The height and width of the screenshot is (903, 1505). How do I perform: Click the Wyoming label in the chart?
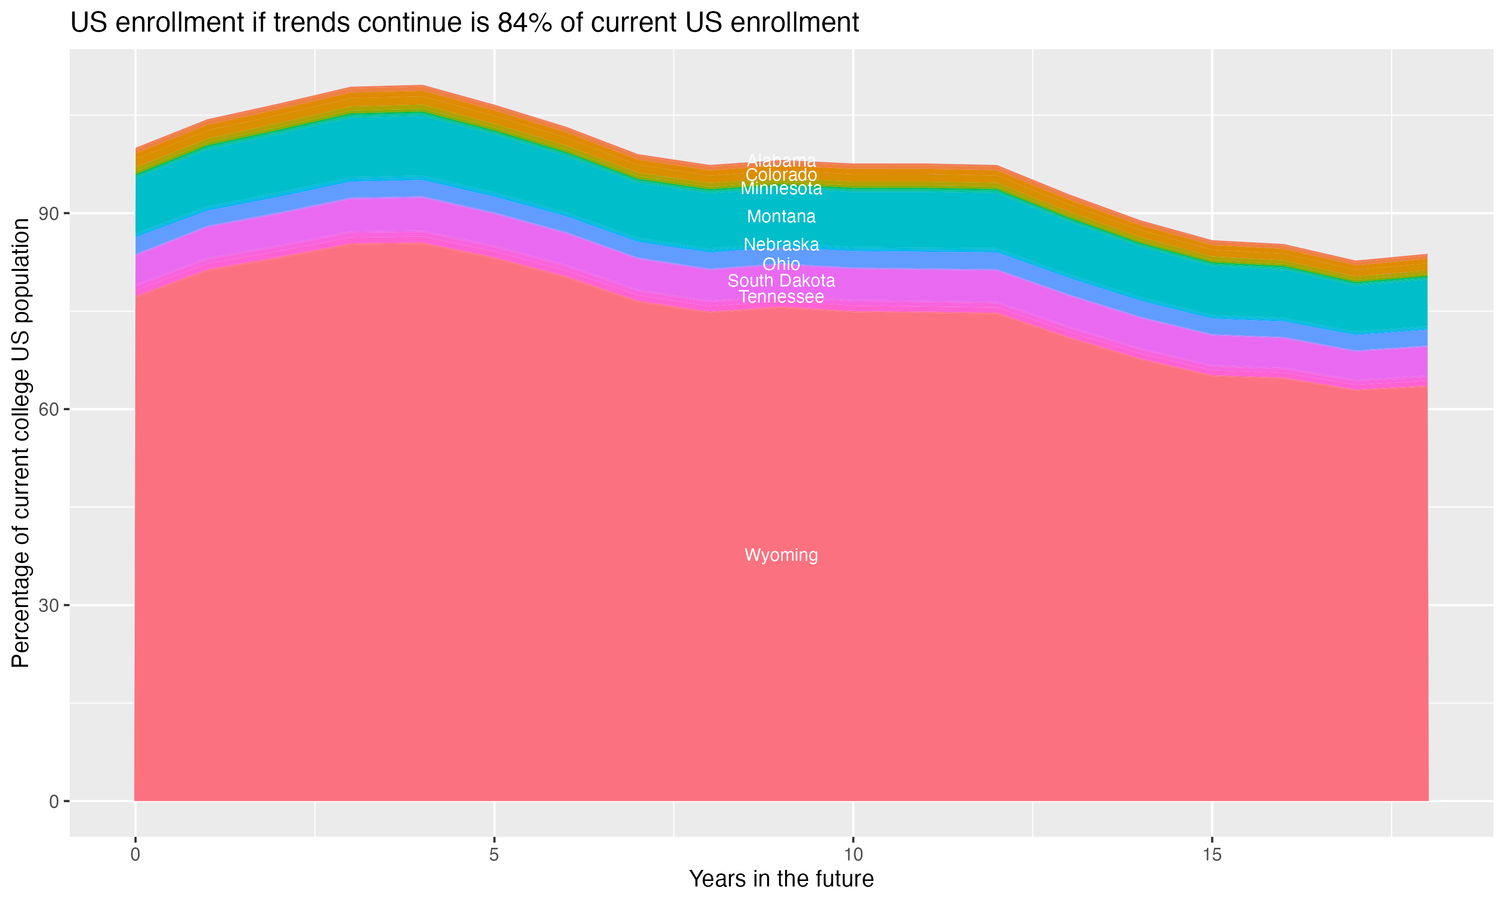(781, 555)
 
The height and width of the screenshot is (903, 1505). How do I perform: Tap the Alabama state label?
(781, 161)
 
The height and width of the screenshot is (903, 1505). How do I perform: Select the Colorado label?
(781, 175)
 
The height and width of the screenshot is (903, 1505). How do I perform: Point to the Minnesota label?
(781, 189)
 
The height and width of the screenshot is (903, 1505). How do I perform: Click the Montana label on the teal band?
(781, 216)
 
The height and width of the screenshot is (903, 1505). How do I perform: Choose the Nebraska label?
(781, 245)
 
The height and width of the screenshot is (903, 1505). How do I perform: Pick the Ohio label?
(781, 264)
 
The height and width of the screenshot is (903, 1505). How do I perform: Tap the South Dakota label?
(781, 280)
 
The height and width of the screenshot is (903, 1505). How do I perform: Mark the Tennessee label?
(781, 297)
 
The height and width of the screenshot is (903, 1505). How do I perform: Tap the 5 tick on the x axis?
(494, 855)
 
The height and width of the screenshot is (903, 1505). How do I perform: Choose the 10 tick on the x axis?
(853, 855)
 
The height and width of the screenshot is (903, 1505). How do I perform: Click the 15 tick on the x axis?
(1212, 855)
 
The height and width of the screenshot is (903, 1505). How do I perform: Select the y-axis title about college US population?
(21, 443)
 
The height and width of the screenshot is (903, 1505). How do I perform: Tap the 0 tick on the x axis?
(135, 855)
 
